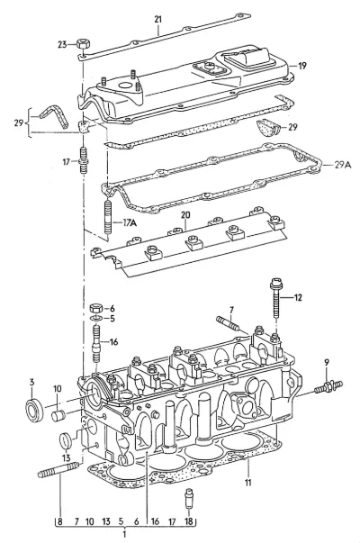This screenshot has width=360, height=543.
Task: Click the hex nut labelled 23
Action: point(83,44)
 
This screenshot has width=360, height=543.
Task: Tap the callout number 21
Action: point(157,20)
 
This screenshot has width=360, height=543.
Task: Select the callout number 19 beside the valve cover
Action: point(302,66)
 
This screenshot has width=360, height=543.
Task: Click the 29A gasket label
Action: point(343,165)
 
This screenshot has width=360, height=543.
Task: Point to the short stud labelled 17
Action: point(84,161)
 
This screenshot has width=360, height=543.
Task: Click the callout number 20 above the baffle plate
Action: point(185,215)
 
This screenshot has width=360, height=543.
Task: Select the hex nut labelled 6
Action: point(96,307)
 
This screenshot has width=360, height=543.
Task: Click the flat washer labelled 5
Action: point(96,318)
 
